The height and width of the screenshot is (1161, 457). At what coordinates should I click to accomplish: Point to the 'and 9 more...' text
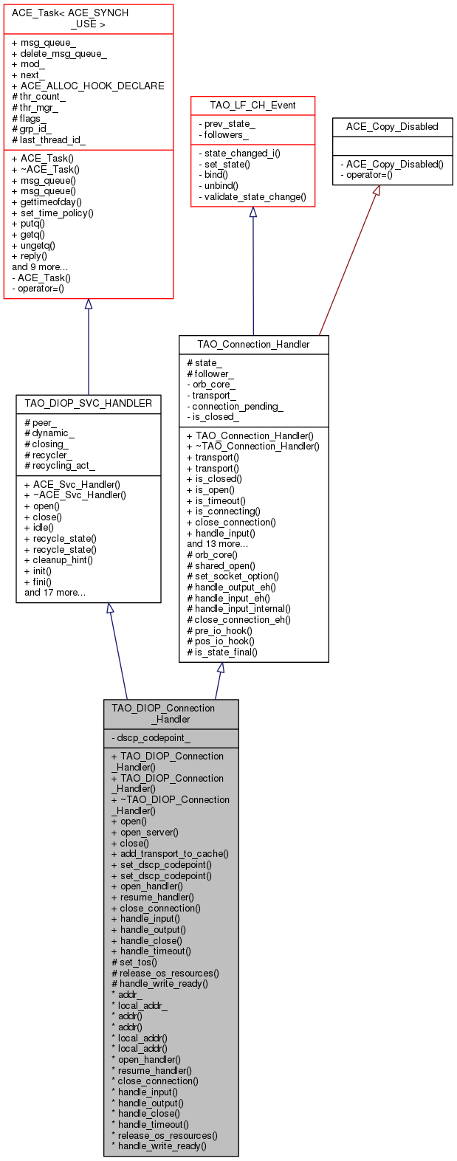pos(40,267)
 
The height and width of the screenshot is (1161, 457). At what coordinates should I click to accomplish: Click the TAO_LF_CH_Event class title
pos(252,106)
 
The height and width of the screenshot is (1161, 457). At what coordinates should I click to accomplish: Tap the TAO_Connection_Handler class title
pos(254,344)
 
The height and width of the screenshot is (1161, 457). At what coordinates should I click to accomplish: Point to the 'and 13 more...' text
pos(217,544)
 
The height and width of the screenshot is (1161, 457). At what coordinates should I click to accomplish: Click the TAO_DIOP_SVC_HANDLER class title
pos(88,403)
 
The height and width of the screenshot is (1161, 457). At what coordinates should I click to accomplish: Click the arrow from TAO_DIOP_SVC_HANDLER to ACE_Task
pos(88,347)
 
